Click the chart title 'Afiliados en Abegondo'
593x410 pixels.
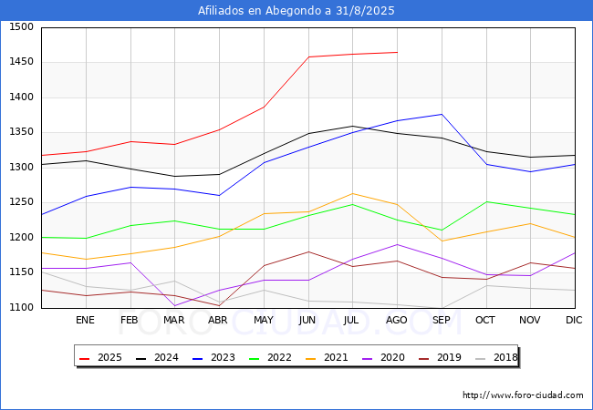coord(296,10)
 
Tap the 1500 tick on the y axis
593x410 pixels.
coord(21,27)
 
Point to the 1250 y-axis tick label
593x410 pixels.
coord(21,202)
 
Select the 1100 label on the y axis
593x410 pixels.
coord(21,307)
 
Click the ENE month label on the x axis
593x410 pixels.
coord(85,320)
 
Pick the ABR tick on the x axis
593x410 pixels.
coord(218,320)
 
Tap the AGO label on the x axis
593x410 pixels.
coord(397,320)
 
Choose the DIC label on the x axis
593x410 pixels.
coord(574,320)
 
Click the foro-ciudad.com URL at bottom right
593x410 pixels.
coord(523,395)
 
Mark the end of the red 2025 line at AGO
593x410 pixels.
coord(397,52)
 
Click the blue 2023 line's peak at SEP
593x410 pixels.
coord(442,114)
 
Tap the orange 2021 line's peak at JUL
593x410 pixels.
coord(352,193)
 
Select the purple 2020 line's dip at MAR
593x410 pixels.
coord(174,306)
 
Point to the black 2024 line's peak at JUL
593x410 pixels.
coord(352,126)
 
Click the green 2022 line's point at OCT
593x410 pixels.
coord(486,201)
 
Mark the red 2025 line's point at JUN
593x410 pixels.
coord(307,56)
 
